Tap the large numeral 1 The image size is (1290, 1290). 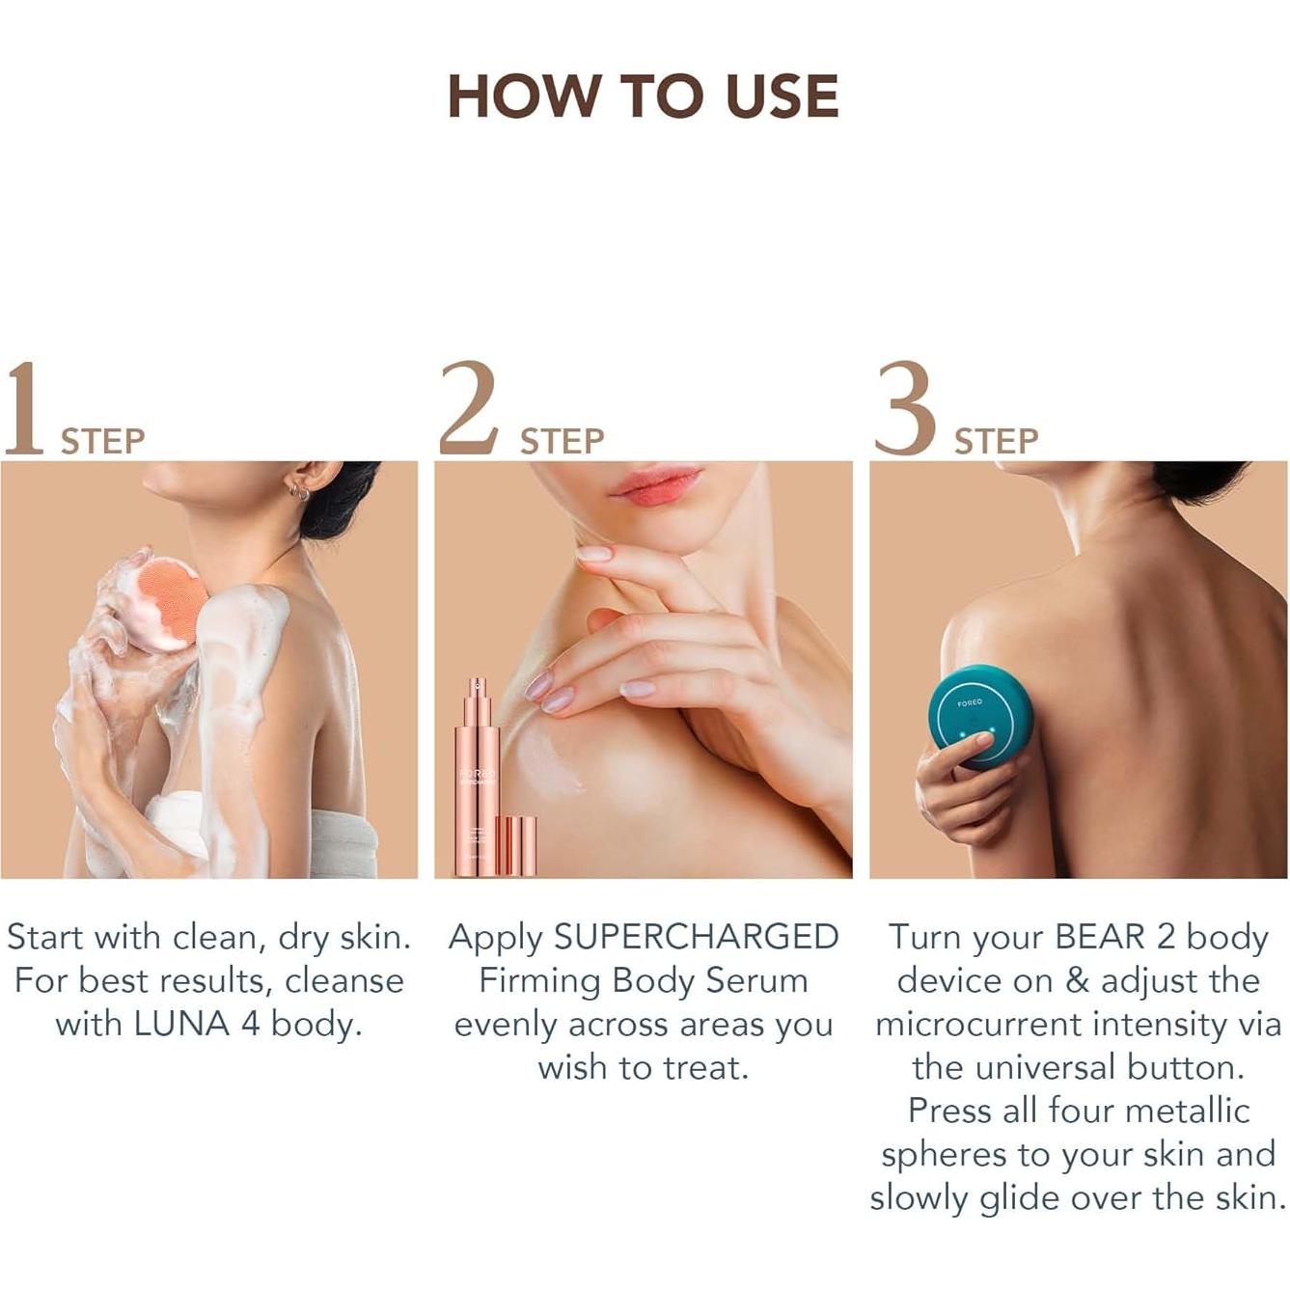(24, 409)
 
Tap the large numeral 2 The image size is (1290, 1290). (469, 409)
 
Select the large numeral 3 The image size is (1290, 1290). (904, 409)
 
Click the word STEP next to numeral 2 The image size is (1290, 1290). (562, 442)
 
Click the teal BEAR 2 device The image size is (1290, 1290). (979, 714)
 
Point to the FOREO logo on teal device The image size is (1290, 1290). (970, 703)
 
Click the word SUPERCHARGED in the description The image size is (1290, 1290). (696, 937)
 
